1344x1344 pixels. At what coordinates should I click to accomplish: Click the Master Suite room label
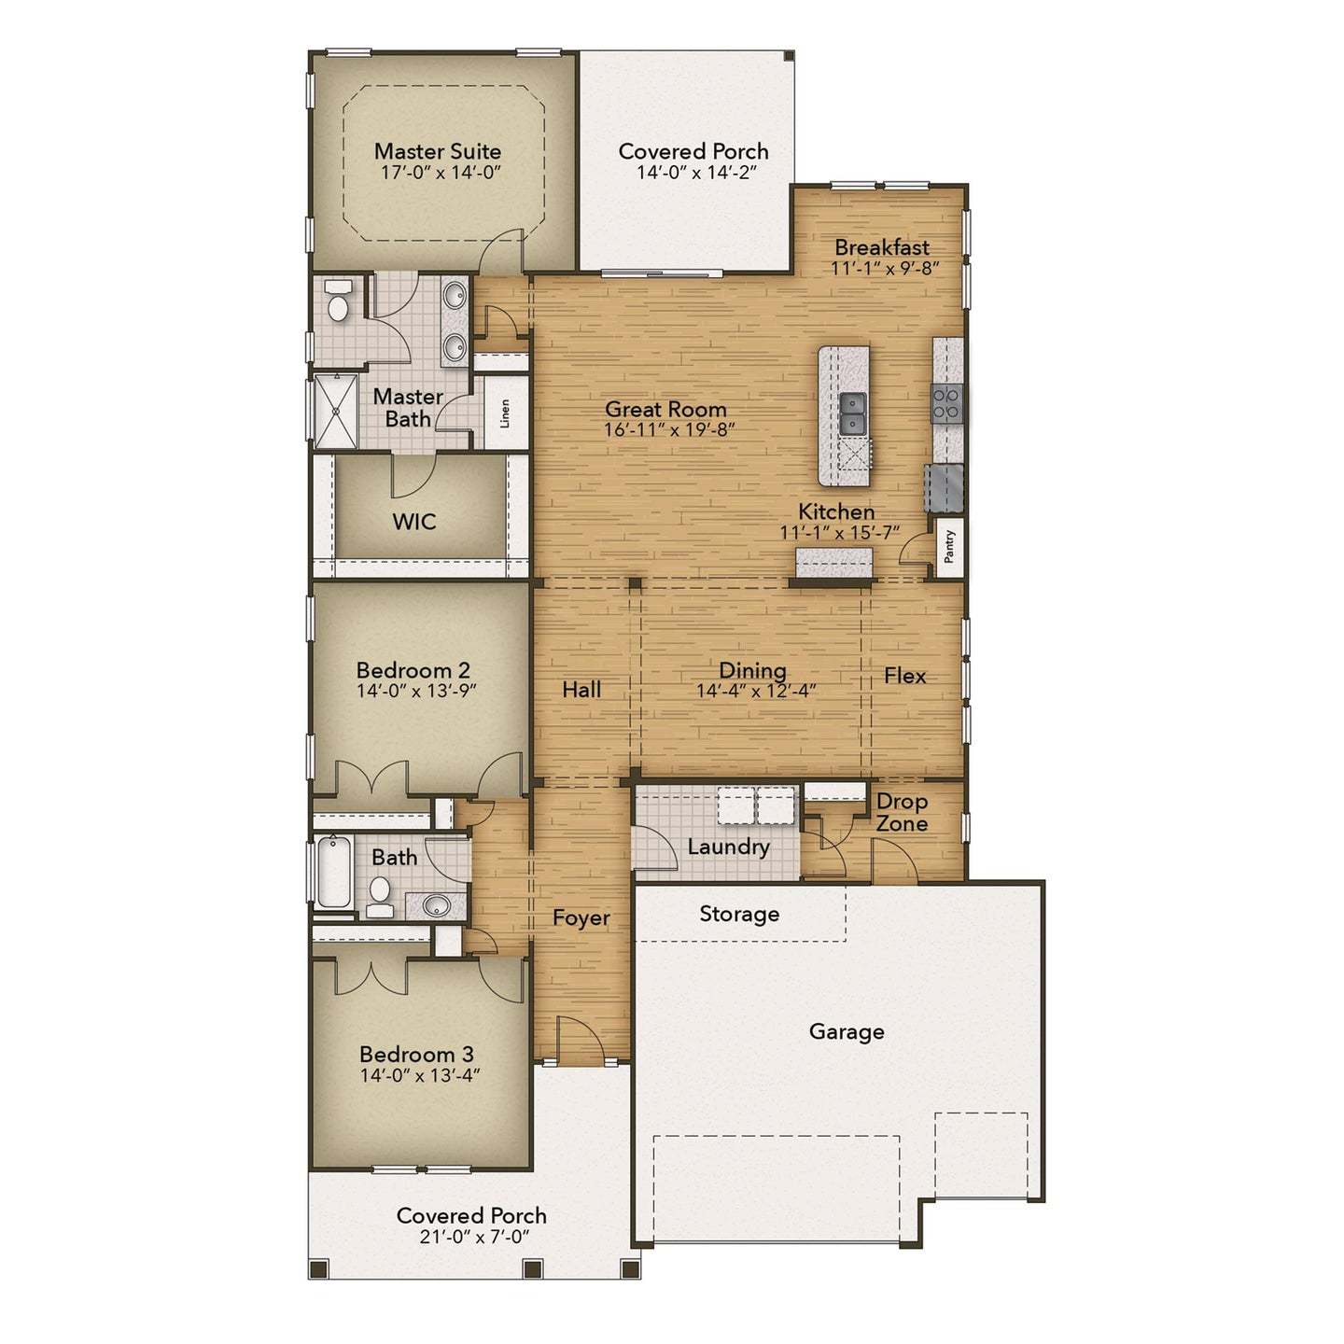click(437, 151)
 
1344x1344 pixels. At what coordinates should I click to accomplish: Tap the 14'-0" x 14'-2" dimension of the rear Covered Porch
click(695, 173)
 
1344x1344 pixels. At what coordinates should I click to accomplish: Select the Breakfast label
click(882, 247)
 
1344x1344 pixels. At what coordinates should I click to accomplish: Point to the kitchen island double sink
click(853, 413)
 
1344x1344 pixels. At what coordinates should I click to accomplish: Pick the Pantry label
click(950, 546)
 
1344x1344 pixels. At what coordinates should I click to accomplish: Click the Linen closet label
click(505, 413)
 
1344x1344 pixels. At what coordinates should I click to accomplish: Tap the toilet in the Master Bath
click(338, 301)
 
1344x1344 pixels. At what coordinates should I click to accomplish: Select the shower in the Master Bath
click(334, 411)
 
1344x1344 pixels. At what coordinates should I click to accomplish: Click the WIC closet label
click(414, 521)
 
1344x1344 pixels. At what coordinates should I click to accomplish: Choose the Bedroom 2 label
click(413, 670)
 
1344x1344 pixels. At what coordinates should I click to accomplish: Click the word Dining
click(752, 670)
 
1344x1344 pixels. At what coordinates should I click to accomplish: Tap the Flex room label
click(904, 676)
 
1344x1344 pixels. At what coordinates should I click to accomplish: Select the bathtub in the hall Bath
click(332, 873)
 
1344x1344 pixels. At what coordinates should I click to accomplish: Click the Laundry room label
click(728, 847)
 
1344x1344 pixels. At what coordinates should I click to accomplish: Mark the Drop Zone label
click(902, 812)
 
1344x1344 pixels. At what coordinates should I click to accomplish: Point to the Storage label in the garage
click(739, 914)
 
